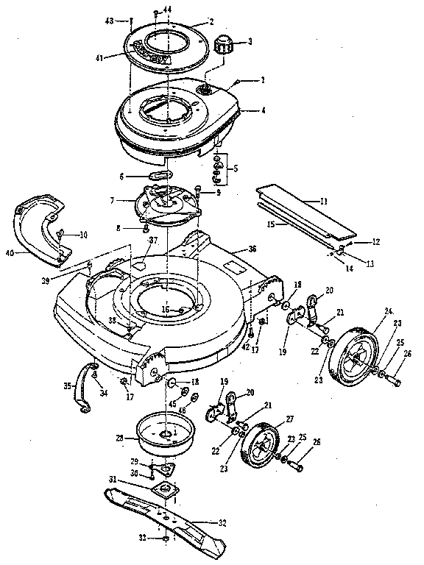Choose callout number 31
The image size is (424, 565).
[x=113, y=480]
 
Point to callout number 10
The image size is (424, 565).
[x=83, y=235]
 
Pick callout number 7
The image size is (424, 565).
[x=113, y=201]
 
